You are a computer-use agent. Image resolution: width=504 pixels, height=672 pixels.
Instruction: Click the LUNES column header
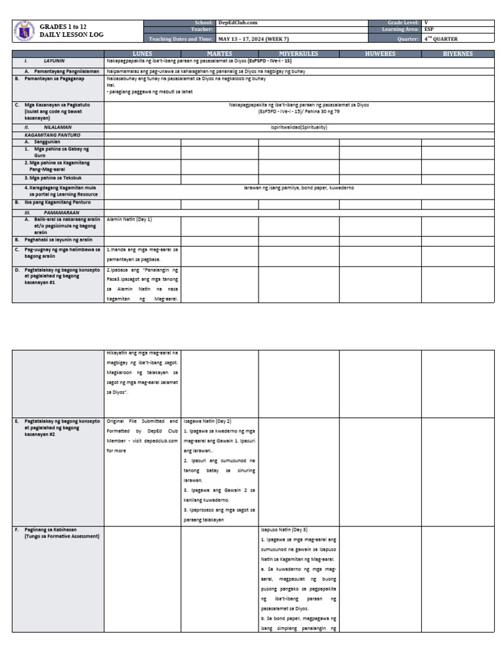[142, 54]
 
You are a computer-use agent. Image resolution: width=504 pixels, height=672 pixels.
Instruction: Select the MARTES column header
[219, 54]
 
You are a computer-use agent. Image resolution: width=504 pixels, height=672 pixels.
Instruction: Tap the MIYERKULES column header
[299, 54]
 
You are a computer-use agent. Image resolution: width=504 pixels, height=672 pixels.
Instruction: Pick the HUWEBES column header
[380, 54]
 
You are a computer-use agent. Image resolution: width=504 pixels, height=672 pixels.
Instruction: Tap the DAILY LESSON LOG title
[72, 34]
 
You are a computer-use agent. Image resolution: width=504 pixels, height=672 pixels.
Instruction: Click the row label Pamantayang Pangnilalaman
[62, 71]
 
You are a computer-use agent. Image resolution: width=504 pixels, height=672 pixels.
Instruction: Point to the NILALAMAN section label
[57, 127]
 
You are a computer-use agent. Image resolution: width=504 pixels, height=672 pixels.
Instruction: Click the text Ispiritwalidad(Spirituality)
[299, 127]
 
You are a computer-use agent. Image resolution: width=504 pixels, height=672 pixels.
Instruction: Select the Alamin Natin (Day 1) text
[129, 219]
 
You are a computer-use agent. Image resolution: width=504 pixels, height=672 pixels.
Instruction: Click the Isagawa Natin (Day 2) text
[207, 421]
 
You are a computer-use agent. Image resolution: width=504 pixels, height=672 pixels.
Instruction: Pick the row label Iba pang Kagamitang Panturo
[58, 203]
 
